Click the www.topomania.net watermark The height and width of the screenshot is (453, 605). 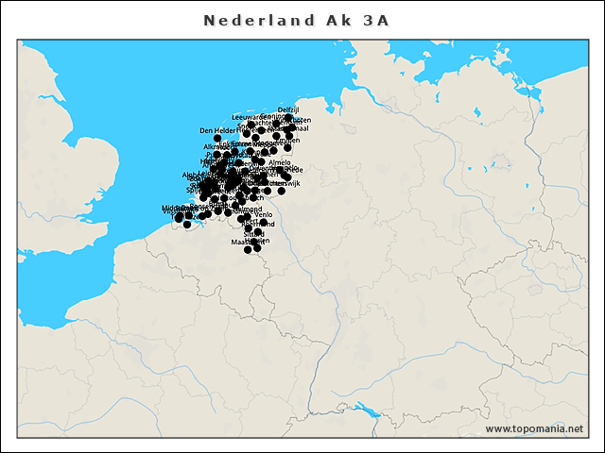pyautogui.click(x=534, y=428)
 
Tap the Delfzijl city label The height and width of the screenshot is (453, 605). pyautogui.click(x=288, y=110)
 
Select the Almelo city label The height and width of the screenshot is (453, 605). pyautogui.click(x=280, y=162)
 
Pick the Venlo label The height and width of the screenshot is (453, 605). pyautogui.click(x=264, y=214)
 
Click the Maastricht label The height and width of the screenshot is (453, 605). pyautogui.click(x=247, y=242)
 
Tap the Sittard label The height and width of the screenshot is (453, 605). pyautogui.click(x=253, y=232)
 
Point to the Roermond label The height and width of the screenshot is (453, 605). pyautogui.click(x=248, y=209)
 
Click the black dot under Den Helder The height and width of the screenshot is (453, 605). pyautogui.click(x=217, y=139)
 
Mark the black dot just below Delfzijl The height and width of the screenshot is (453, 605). pyautogui.click(x=288, y=118)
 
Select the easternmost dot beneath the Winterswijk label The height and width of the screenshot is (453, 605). pyautogui.click(x=281, y=191)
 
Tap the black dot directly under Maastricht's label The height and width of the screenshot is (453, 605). pyautogui.click(x=249, y=250)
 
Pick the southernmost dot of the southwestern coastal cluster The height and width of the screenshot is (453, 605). pyautogui.click(x=187, y=225)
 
